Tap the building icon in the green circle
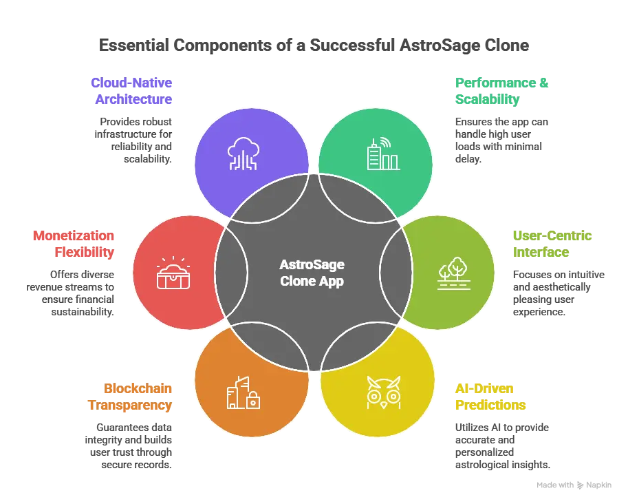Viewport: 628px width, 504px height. pyautogui.click(x=382, y=154)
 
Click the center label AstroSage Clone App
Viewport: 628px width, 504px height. pyautogui.click(x=313, y=272)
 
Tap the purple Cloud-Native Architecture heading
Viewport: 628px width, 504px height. pyautogui.click(x=131, y=90)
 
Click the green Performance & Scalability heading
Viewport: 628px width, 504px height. pyautogui.click(x=492, y=90)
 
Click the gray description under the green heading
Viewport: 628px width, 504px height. pyautogui.click(x=500, y=140)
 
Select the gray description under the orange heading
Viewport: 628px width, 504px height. pyautogui.click(x=130, y=441)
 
